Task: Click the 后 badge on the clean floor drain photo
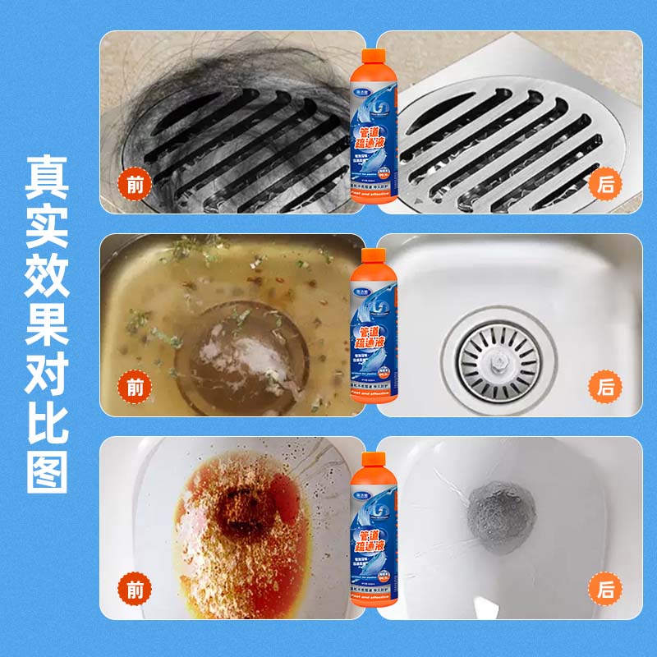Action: click(606, 184)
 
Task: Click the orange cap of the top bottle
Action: click(374, 58)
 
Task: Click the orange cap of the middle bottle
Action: click(374, 257)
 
